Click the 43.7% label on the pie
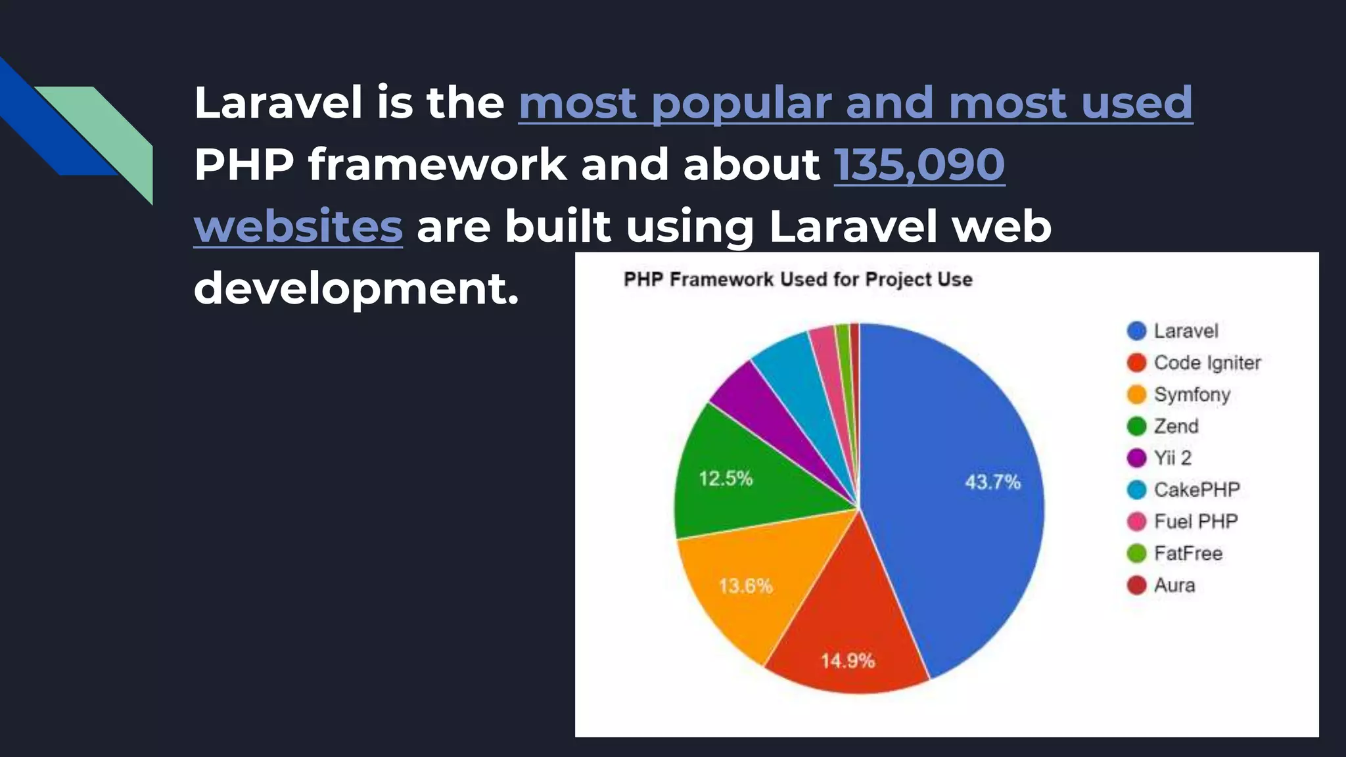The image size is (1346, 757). pos(992,482)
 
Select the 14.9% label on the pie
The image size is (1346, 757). pos(848,660)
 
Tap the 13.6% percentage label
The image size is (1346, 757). pos(745,585)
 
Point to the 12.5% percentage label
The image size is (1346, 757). pos(726,478)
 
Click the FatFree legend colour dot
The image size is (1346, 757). pos(1136,553)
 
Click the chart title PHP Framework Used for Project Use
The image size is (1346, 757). pos(798,279)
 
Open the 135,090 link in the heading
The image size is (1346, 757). pos(919,164)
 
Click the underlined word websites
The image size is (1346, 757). pos(298,226)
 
